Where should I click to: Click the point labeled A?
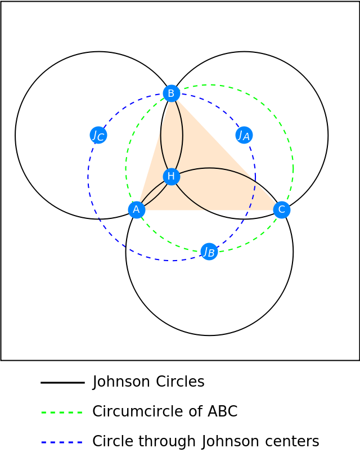click(x=137, y=209)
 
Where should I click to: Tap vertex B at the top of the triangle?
click(x=172, y=93)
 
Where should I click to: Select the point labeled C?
click(x=282, y=209)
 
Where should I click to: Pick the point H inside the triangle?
click(x=172, y=177)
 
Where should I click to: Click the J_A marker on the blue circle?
click(x=244, y=135)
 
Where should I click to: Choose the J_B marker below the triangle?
click(x=209, y=252)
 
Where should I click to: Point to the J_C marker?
click(x=98, y=135)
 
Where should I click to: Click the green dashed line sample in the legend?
click(x=62, y=413)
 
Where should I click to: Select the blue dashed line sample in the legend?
click(x=62, y=442)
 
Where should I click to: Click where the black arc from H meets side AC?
click(x=209, y=210)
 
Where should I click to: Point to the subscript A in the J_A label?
click(x=246, y=138)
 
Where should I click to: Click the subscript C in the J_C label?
click(x=101, y=138)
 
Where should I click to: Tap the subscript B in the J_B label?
click(x=211, y=254)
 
